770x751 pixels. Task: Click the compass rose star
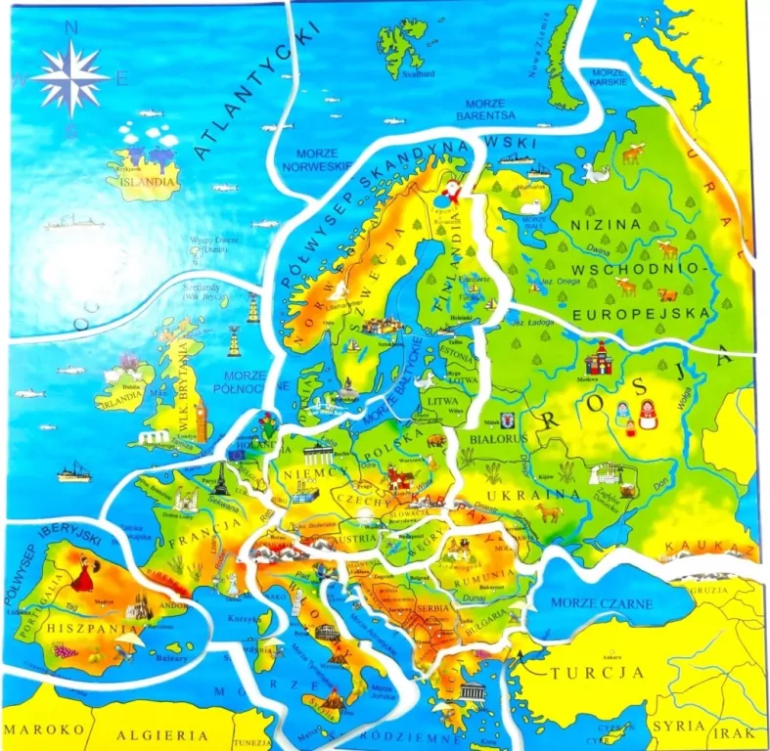(69, 78)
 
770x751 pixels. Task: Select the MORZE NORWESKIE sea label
(315, 159)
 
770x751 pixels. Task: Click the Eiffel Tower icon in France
(222, 479)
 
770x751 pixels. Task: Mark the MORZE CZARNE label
(601, 603)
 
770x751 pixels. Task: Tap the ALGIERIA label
(162, 733)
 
